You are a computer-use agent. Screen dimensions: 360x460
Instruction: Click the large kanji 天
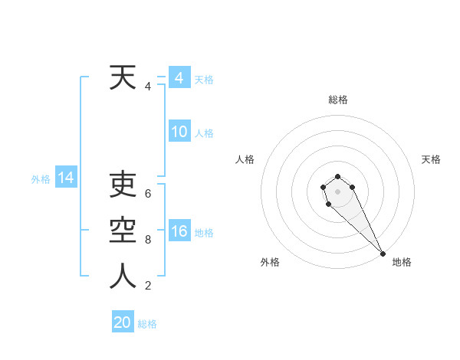[123, 78]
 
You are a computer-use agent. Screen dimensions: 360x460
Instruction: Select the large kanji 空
[123, 231]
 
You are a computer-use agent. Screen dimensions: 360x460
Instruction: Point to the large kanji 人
[123, 277]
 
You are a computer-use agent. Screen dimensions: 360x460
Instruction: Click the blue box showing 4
[179, 78]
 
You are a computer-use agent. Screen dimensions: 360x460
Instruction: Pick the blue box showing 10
[179, 132]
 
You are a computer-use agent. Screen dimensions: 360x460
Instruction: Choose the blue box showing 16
[179, 231]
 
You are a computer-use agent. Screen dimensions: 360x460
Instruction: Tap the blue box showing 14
[66, 178]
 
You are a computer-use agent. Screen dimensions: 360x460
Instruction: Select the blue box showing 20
[123, 322]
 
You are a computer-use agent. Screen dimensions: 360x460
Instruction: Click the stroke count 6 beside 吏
[148, 194]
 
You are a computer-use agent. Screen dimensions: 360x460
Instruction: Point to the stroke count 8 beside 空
[148, 240]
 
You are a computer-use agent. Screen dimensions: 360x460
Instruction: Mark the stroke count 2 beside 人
[148, 286]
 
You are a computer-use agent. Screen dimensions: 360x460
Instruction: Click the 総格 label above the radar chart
[338, 100]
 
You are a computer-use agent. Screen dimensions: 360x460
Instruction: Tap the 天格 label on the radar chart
[431, 159]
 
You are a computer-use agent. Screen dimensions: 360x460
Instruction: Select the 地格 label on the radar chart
[402, 262]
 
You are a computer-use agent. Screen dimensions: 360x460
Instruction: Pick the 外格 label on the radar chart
[270, 262]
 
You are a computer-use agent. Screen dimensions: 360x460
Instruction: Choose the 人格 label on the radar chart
[245, 159]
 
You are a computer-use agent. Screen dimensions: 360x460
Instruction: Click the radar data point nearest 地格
[382, 254]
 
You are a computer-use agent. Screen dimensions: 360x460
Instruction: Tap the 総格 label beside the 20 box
[147, 324]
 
